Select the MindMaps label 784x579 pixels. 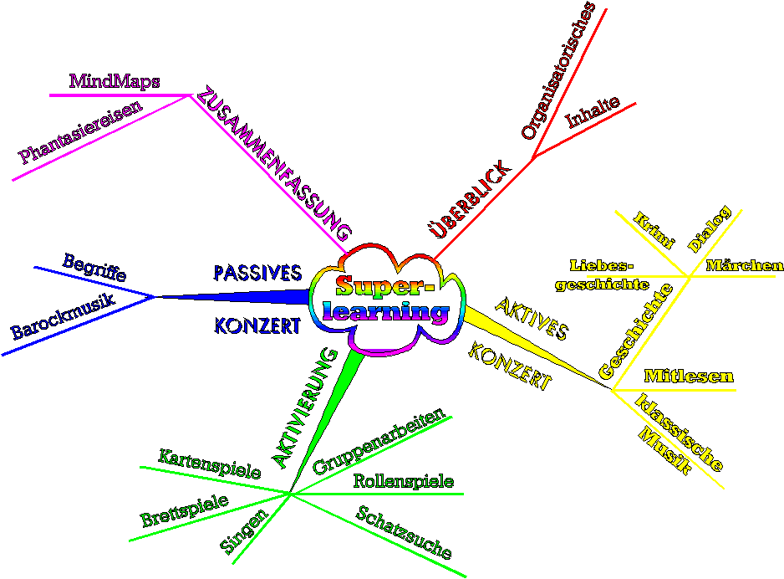(115, 81)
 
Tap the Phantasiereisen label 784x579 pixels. (81, 131)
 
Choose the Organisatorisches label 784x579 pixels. (557, 70)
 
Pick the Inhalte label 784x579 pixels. (593, 113)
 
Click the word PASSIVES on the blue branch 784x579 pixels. (257, 273)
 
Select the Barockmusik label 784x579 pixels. (63, 315)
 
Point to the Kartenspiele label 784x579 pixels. (209, 465)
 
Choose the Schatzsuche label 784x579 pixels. (405, 533)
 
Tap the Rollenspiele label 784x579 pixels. (403, 481)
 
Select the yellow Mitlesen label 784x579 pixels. (689, 377)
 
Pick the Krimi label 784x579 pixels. (654, 230)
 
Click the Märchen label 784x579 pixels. (745, 266)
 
